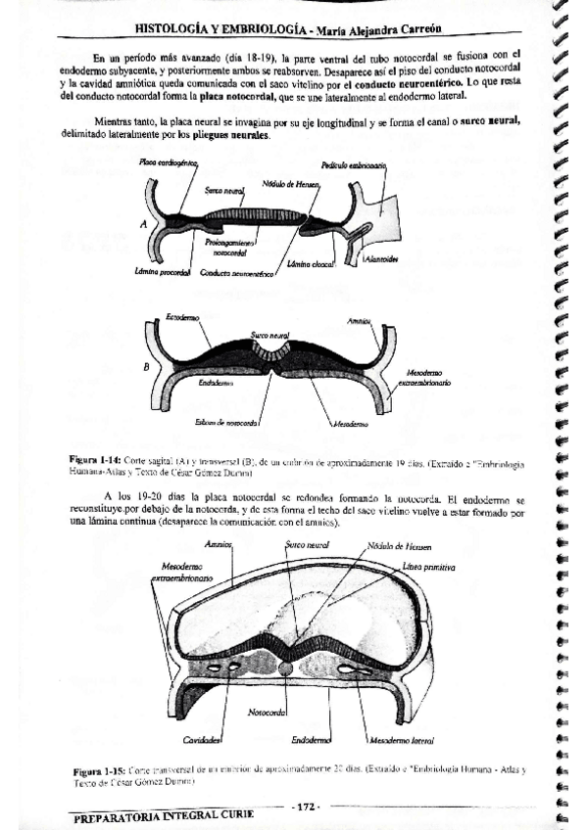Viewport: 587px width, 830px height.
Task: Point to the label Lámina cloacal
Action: click(312, 264)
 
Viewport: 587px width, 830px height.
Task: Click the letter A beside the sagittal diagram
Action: click(144, 223)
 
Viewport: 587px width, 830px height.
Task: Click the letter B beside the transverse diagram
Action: click(146, 367)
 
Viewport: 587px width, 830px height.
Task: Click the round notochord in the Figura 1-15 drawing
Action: click(285, 669)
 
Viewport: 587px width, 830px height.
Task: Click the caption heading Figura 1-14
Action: click(93, 458)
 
